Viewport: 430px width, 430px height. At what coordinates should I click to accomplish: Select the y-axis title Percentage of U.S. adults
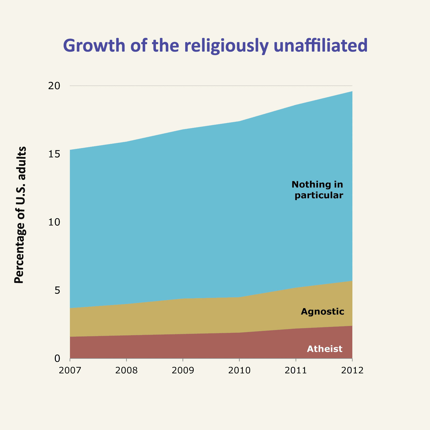tap(20, 215)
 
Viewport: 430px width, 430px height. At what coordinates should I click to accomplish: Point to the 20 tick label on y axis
tap(54, 86)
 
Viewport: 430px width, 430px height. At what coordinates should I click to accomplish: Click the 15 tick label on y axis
tap(54, 154)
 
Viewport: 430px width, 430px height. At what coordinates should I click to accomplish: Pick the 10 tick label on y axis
tap(54, 222)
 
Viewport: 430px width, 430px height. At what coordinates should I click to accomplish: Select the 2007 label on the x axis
tap(70, 370)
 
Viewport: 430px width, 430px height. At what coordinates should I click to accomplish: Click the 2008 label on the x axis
tap(126, 370)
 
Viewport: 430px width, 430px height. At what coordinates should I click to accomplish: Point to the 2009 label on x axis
tap(183, 370)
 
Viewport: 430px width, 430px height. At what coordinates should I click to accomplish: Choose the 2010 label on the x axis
tap(239, 370)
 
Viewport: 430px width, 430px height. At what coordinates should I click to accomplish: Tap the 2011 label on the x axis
tap(296, 370)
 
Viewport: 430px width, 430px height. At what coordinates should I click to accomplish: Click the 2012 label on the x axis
tap(352, 370)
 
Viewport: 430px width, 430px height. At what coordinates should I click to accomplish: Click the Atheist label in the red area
tap(325, 349)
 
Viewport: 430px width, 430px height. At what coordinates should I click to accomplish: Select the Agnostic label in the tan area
tap(322, 311)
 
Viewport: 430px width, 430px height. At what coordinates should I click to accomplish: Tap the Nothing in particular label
tap(318, 190)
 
